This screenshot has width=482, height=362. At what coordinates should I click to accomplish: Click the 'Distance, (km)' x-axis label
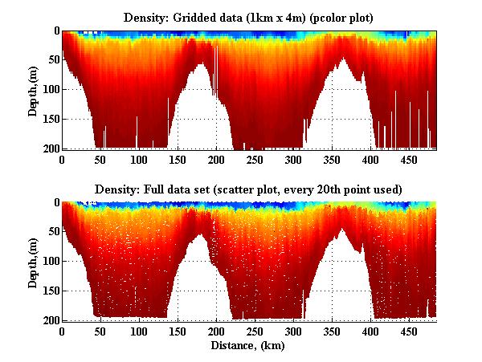click(249, 346)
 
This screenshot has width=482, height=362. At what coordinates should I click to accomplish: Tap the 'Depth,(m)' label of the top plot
click(33, 90)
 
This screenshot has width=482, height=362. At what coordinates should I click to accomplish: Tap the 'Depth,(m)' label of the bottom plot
click(33, 262)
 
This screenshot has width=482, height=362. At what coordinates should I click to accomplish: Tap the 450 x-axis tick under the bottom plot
click(409, 331)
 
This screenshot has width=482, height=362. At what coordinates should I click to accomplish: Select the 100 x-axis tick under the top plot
click(139, 161)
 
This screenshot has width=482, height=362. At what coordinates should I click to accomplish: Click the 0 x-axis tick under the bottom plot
click(62, 331)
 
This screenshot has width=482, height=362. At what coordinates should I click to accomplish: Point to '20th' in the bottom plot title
click(326, 189)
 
